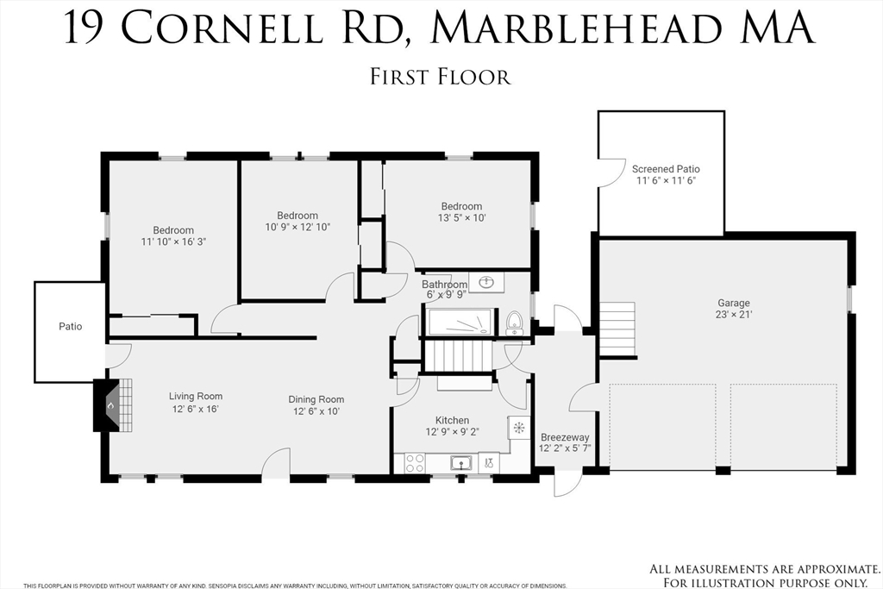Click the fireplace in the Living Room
(x=109, y=405)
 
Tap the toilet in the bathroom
(x=515, y=323)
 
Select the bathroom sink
(x=486, y=282)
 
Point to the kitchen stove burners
(x=415, y=463)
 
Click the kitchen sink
(x=461, y=463)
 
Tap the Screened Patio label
(x=666, y=169)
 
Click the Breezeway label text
(x=565, y=437)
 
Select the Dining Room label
(x=316, y=399)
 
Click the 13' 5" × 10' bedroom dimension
(x=461, y=218)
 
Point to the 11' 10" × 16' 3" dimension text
(x=173, y=241)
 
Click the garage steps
(x=617, y=328)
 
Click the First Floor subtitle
(x=441, y=76)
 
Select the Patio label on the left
(x=70, y=327)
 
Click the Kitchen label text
(x=452, y=420)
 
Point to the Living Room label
(x=196, y=397)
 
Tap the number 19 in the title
(x=88, y=28)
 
